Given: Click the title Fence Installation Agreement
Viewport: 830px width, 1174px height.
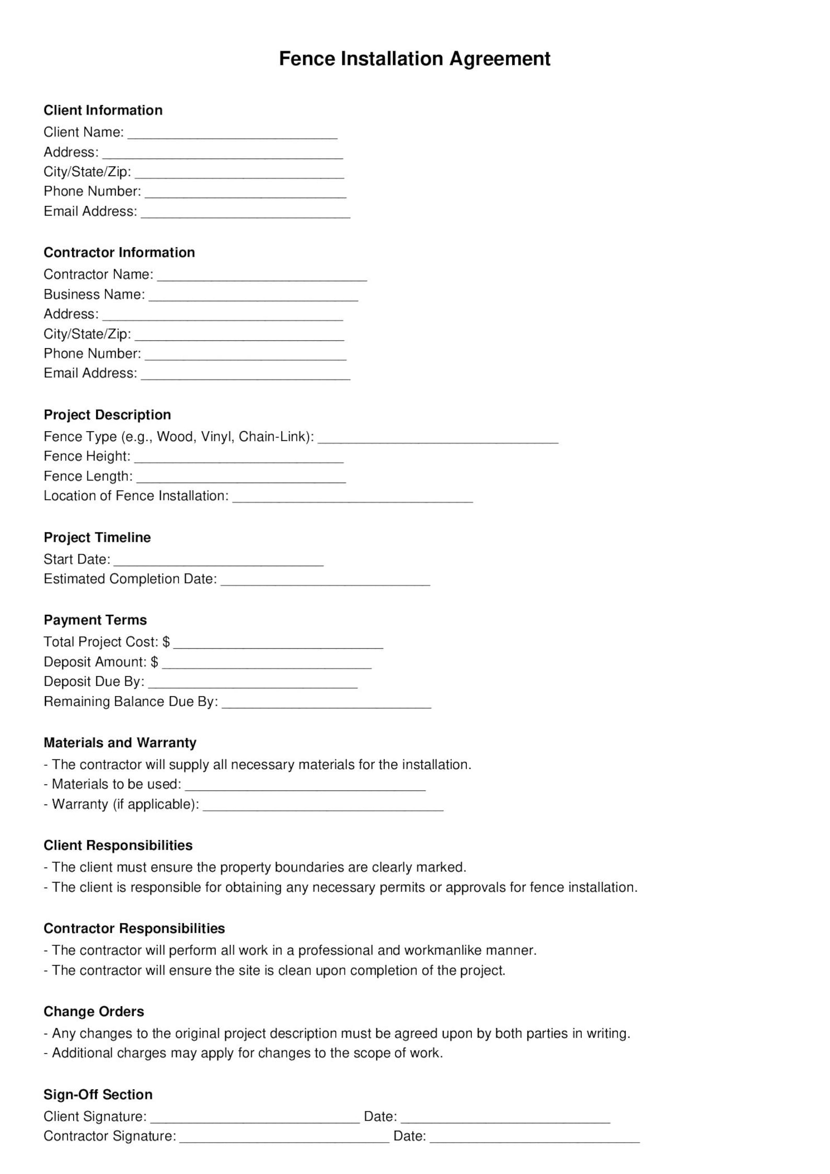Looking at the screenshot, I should [414, 59].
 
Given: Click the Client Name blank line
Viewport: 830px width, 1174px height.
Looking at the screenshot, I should [233, 134].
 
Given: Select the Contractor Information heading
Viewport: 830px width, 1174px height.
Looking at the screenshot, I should [119, 252].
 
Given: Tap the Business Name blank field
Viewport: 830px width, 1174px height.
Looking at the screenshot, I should [253, 296].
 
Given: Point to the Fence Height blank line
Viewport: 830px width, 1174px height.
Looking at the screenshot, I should [239, 458].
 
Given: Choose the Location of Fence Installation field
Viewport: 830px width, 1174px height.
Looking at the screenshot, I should [353, 498].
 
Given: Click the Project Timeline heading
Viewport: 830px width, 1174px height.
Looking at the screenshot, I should [97, 537].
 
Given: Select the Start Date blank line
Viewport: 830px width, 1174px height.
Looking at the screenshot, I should [218, 561].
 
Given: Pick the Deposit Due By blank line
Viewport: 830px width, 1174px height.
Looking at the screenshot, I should [253, 684].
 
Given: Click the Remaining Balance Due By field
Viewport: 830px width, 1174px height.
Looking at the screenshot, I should [327, 703].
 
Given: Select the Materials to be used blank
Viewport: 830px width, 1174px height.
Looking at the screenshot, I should [305, 786].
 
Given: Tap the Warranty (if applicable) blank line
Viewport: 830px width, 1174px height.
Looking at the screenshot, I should [323, 806].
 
